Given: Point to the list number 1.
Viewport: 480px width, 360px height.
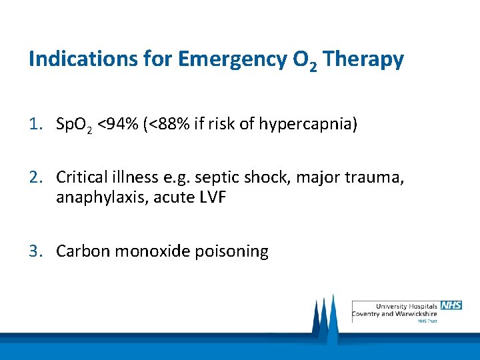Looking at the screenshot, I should [x=34, y=123].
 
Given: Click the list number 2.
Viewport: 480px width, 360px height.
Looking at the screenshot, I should [x=34, y=177].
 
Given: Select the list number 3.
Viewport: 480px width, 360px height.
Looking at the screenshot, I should [x=34, y=251].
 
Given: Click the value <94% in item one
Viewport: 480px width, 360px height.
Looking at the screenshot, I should [x=119, y=123].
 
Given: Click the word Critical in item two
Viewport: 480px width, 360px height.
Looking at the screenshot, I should [x=80, y=177].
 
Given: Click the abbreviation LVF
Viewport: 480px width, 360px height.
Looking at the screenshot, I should [x=214, y=199].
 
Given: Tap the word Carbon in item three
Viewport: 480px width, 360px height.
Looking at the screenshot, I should [x=83, y=251].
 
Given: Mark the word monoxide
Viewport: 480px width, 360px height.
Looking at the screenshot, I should [x=151, y=251].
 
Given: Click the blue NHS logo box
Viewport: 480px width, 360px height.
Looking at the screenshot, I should [x=451, y=305].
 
